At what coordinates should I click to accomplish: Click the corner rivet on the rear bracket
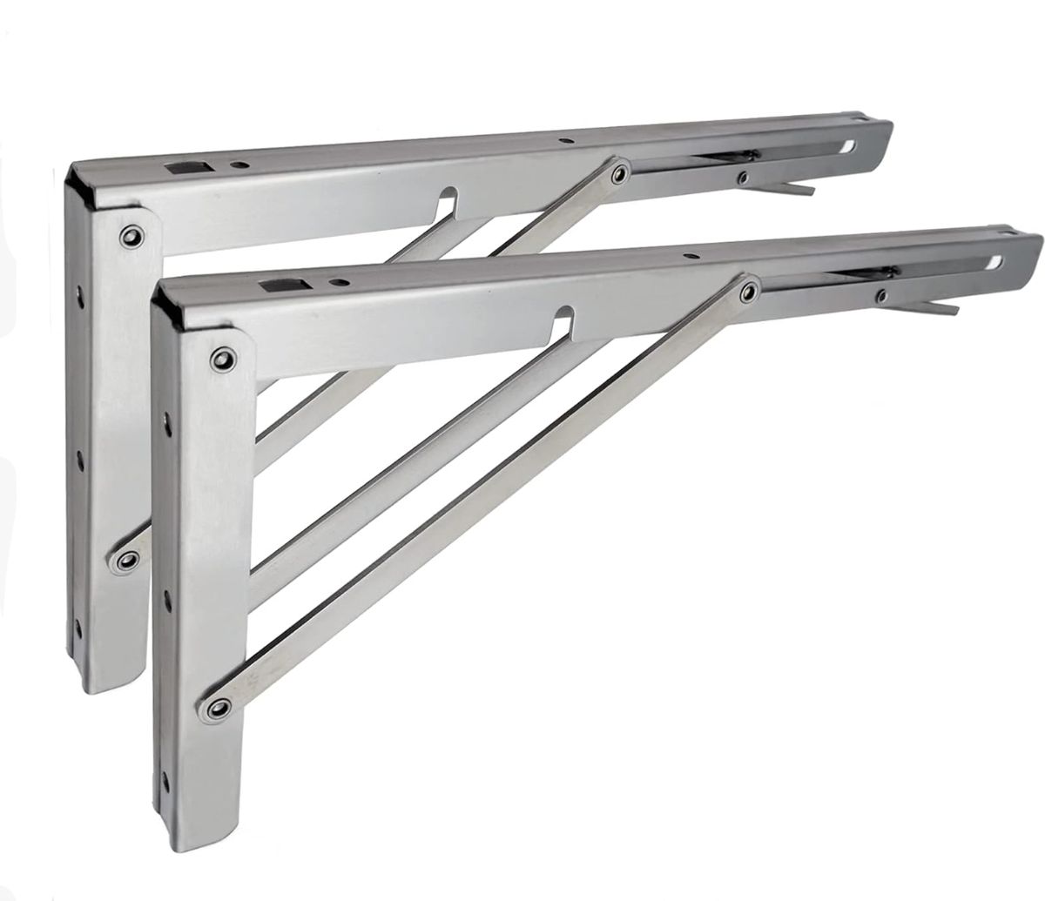pos(131,236)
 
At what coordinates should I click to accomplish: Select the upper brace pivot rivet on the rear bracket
pos(619,173)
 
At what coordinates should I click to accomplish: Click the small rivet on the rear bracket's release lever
pos(743,178)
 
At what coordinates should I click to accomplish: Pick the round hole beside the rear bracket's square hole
pos(237,162)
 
